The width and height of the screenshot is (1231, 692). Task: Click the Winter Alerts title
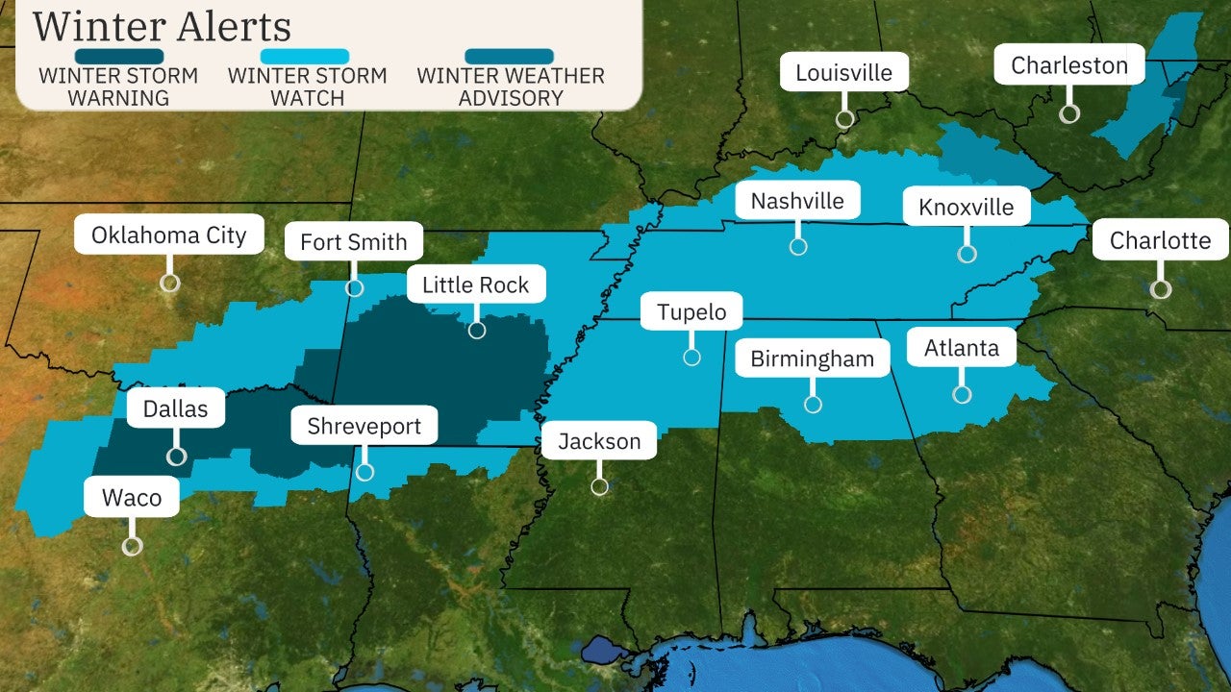[x=162, y=26]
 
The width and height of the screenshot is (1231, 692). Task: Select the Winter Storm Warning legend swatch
[x=118, y=57]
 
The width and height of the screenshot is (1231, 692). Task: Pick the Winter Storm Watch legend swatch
[x=308, y=57]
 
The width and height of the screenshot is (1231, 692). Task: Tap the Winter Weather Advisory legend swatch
[x=510, y=57]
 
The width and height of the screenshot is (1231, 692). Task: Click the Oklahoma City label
[x=169, y=235]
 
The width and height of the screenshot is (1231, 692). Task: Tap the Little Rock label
[x=476, y=284]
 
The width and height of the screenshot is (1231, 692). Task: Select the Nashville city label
[x=797, y=201]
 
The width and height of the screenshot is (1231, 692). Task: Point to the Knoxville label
[x=966, y=207]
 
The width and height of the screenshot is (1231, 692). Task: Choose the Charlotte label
[x=1160, y=240]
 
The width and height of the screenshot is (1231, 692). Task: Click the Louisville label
[x=844, y=72]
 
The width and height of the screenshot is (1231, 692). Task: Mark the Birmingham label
[x=813, y=358]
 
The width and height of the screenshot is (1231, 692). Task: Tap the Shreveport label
[x=364, y=426]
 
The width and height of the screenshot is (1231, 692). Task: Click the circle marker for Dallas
[x=176, y=457]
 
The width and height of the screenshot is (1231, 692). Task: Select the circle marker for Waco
[x=133, y=546]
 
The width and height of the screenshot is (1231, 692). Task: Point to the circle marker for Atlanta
[x=962, y=394]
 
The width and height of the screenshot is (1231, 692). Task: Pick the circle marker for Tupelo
[x=691, y=358]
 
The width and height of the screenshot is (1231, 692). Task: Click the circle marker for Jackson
[x=599, y=486]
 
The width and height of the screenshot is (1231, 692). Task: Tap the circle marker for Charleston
[x=1069, y=113]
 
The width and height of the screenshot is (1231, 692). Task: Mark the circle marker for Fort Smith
[x=354, y=287]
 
